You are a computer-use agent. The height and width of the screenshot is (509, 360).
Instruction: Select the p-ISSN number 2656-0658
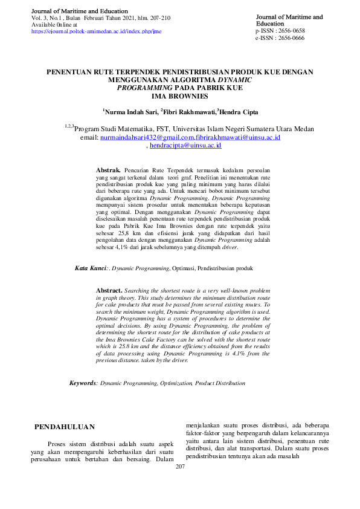(x=289, y=30)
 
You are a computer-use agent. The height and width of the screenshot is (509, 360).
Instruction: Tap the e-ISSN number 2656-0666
(x=289, y=37)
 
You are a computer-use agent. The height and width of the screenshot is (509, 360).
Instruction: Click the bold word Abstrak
(x=109, y=170)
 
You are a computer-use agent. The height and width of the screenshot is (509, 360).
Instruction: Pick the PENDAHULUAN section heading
(x=65, y=427)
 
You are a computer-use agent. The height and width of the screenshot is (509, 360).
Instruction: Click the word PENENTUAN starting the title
(x=70, y=71)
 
